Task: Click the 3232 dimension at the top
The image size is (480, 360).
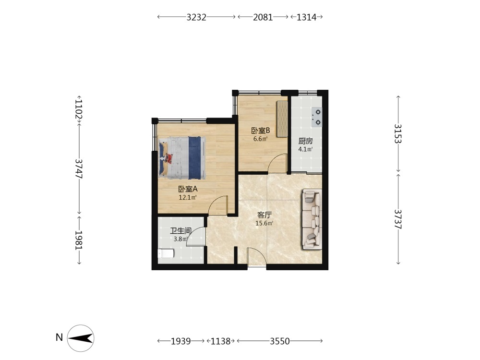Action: (196, 17)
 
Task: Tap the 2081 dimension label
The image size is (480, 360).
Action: (263, 17)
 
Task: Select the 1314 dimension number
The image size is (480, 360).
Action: (306, 17)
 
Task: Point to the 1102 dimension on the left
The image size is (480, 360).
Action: (79, 109)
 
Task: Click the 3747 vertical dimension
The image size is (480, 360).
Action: (79, 168)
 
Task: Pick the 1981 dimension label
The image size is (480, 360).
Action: (79, 240)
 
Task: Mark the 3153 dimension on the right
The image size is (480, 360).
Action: (398, 133)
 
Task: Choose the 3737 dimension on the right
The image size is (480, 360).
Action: (398, 219)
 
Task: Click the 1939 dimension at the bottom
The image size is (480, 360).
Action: (180, 341)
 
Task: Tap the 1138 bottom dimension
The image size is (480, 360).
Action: (220, 341)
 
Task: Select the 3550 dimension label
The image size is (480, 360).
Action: (279, 341)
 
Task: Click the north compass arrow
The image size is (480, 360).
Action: (81, 338)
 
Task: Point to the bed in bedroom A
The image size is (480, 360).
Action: (182, 157)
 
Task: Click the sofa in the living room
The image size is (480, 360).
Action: (312, 219)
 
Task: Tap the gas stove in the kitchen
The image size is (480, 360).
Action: (317, 117)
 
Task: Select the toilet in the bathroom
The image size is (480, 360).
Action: (166, 253)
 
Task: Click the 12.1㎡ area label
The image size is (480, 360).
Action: (188, 197)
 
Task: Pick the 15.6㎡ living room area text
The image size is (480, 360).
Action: (264, 223)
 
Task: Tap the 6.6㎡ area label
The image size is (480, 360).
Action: (261, 139)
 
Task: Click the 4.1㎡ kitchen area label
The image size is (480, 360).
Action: (305, 149)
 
